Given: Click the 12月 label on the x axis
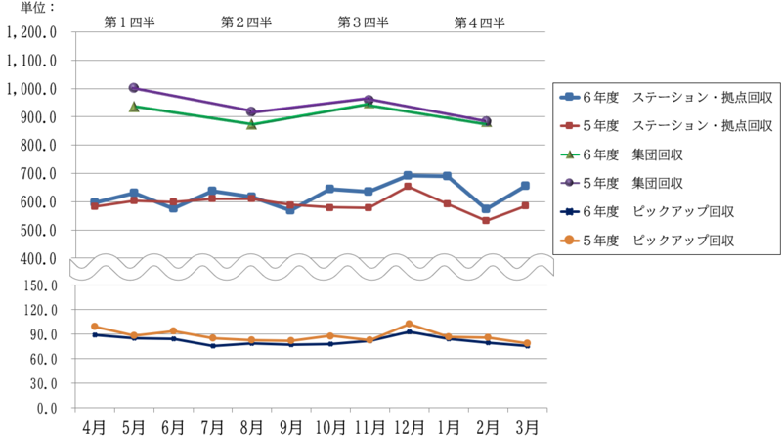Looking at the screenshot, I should (408, 426).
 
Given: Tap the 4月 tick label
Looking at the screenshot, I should (94, 426).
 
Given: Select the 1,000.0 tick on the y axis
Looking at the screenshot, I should (34, 89).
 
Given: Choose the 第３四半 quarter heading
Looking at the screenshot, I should (364, 22).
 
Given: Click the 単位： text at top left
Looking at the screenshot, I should (25, 7).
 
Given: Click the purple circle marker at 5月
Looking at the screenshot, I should (134, 89).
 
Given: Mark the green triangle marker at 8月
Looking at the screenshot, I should (251, 124).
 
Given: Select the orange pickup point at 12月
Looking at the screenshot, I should (409, 324).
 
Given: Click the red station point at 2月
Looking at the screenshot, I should (487, 220).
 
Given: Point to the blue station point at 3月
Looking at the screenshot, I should (525, 186).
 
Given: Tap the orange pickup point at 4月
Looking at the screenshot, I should (95, 327).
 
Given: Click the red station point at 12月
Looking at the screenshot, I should (409, 186).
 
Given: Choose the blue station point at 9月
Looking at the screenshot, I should (290, 209).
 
